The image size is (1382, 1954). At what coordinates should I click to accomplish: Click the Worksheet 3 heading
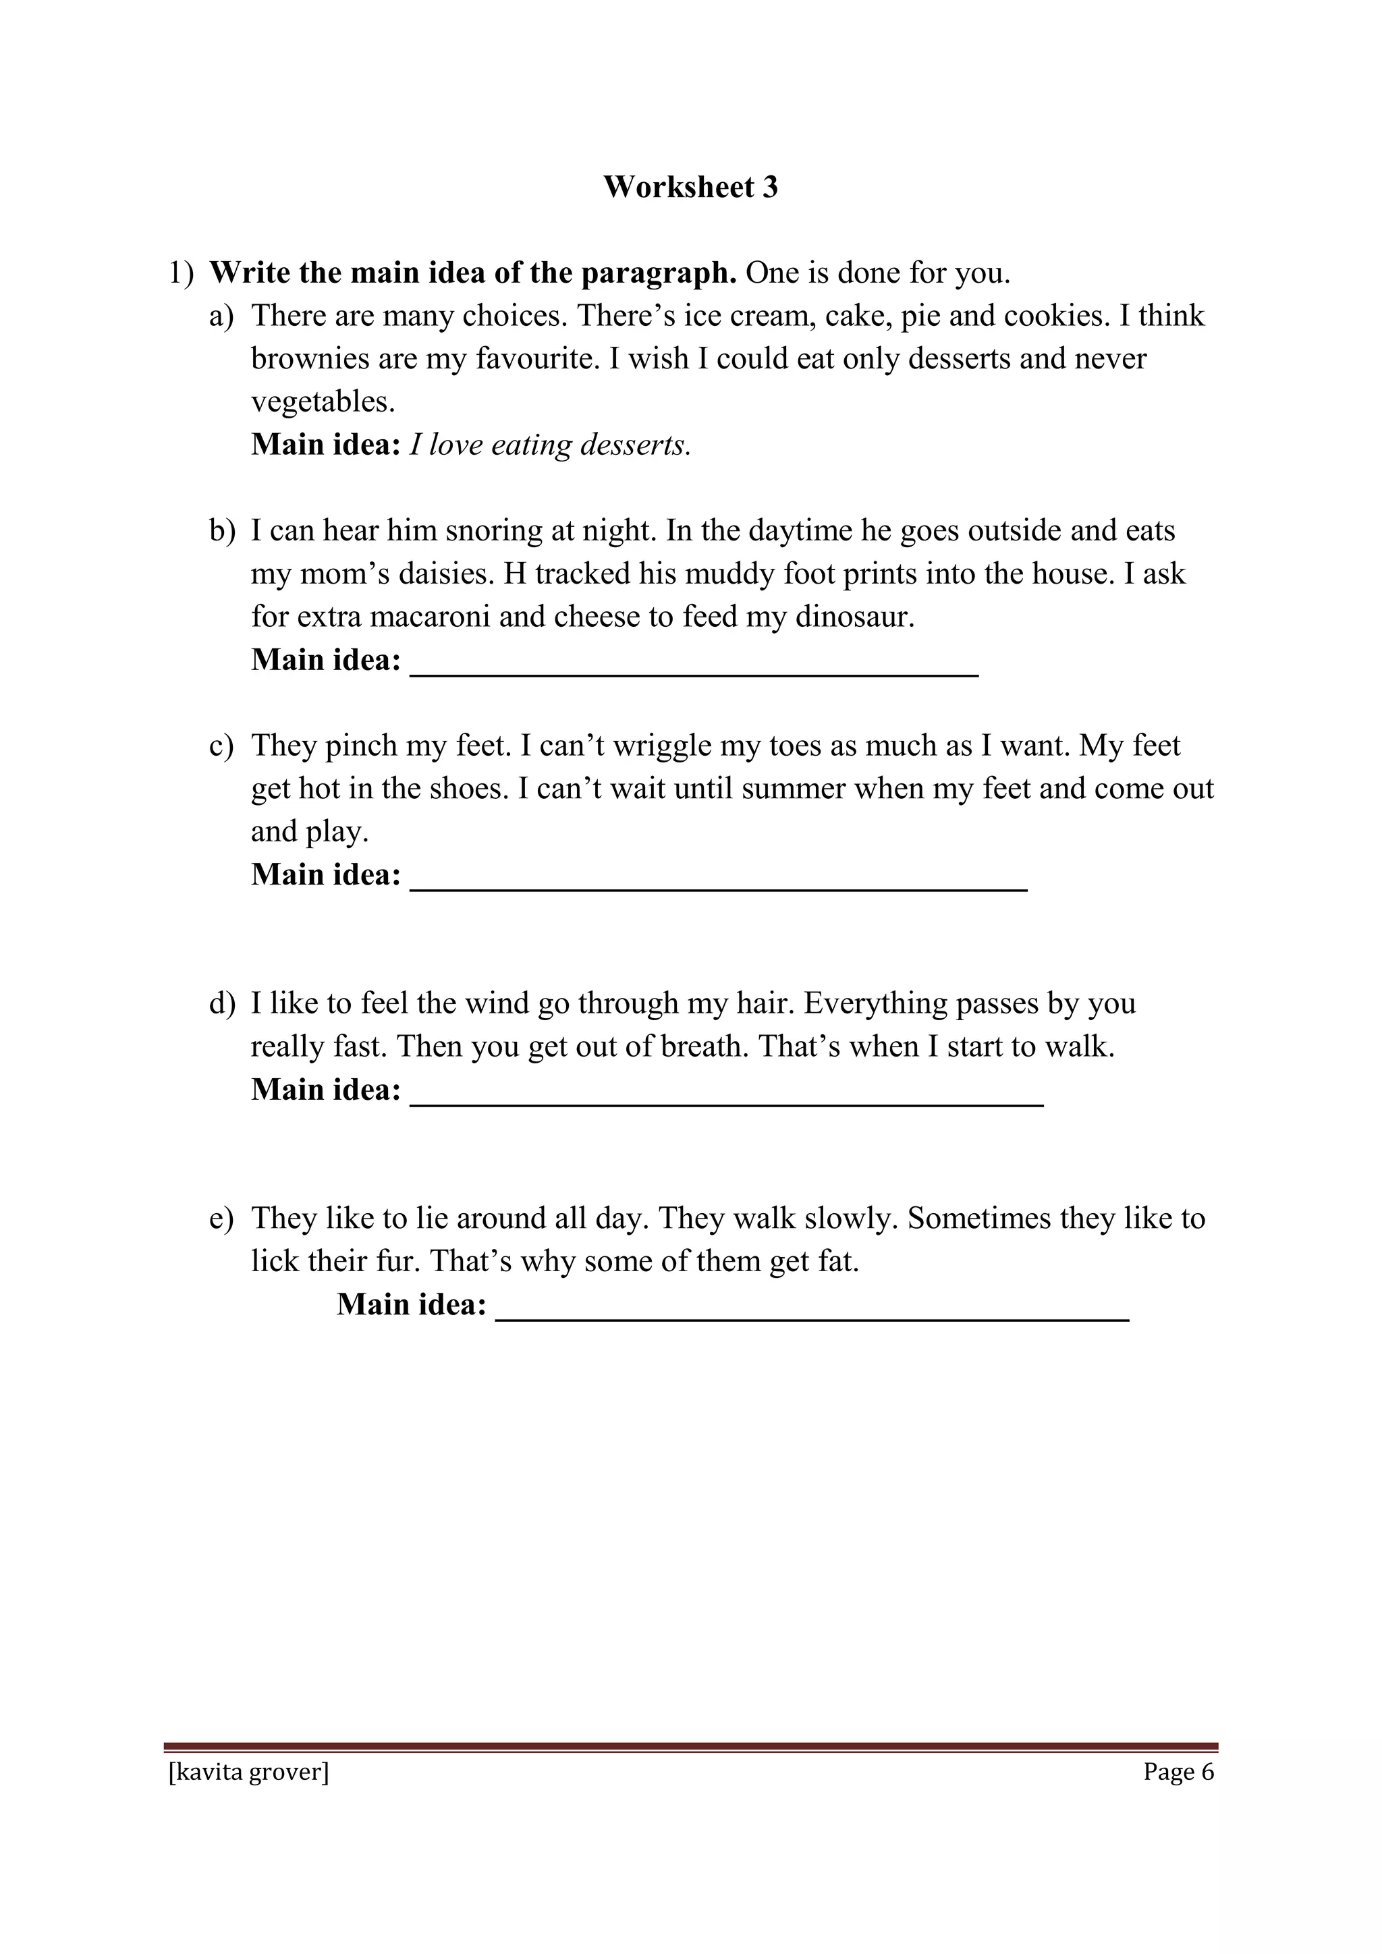[x=690, y=187]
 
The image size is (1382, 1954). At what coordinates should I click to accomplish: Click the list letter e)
[x=221, y=1219]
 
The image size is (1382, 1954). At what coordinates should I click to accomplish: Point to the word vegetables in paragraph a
[x=323, y=401]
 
